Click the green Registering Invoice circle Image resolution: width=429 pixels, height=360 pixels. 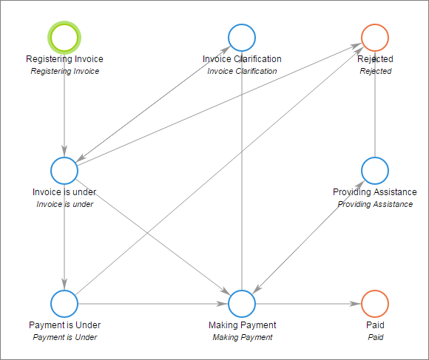64,36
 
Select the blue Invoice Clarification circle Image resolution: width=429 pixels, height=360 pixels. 242,36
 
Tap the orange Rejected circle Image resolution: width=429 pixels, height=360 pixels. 375,36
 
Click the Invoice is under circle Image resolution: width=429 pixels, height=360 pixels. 64,171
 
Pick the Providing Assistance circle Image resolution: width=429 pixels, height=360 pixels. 375,171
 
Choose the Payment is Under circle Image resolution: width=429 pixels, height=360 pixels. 64,303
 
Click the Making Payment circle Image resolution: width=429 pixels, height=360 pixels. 242,303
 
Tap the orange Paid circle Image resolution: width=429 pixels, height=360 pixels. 375,303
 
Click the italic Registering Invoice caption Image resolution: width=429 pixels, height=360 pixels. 64,72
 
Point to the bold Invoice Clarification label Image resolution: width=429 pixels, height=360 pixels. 242,59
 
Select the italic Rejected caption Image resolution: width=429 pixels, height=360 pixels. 375,72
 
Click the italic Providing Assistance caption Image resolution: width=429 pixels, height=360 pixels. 375,204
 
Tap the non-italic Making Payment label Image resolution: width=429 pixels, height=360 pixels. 242,325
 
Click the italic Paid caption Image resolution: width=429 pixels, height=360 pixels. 375,337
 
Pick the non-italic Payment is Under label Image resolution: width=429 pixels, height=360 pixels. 64,325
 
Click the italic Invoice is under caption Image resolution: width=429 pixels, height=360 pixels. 64,204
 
